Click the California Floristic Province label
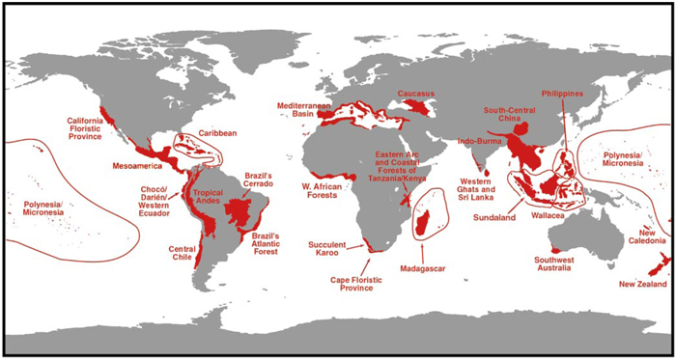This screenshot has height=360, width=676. click(x=92, y=129)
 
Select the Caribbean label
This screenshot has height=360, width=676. click(x=218, y=133)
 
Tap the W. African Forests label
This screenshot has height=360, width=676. click(x=322, y=187)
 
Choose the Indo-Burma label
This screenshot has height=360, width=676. click(x=479, y=143)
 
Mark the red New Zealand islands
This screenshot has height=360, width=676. click(x=650, y=266)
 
